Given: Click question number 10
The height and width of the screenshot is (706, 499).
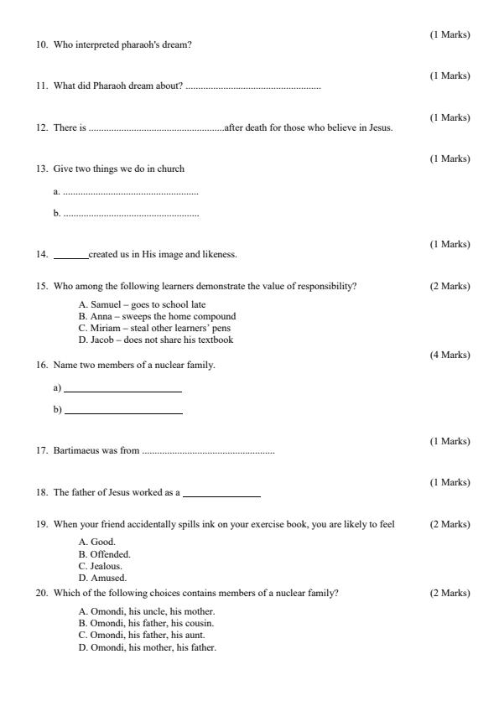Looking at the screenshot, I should point(41,44).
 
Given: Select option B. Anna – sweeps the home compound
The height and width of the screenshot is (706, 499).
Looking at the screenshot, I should point(157,316).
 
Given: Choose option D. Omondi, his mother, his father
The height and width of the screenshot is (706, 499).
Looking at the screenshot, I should point(147,646).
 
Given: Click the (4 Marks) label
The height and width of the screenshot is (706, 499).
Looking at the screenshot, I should point(450,355).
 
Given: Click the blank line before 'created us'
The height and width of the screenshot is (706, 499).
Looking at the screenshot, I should point(70,255).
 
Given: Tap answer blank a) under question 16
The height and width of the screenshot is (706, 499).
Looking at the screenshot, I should point(122,389).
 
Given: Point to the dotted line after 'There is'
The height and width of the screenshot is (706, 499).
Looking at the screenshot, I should point(156,128).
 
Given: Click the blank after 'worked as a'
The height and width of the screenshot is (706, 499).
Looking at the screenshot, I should point(221,493).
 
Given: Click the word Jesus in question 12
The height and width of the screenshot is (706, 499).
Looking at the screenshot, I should point(382,127).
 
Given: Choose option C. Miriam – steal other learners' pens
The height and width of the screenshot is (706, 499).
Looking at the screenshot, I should point(154,328).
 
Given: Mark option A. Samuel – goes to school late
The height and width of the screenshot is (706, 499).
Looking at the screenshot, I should point(142,304).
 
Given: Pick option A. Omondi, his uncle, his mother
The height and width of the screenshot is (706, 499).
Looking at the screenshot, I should point(147,611).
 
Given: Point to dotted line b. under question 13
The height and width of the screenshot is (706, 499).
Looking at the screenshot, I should point(131,214).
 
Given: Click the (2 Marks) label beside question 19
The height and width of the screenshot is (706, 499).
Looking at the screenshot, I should point(450,524).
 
